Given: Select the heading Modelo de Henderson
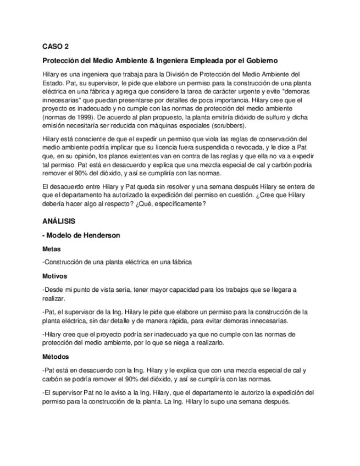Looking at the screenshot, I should pos(83,235).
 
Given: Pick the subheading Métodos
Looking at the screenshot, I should pos(56,356).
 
